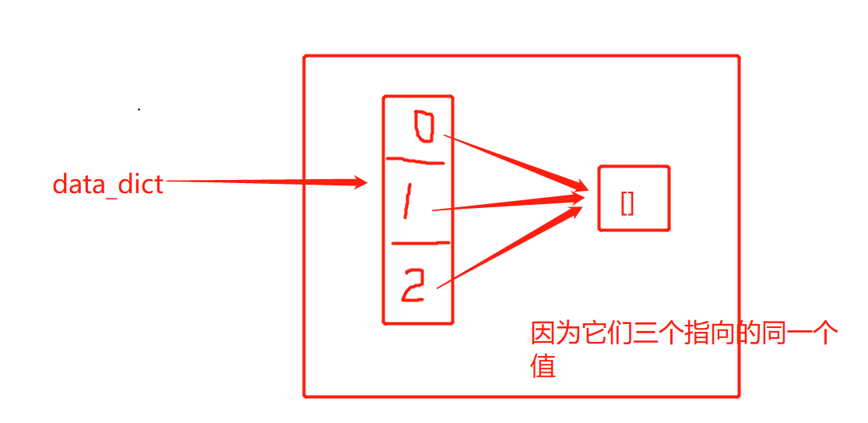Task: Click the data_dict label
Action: coord(108,185)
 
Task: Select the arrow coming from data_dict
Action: coord(265,182)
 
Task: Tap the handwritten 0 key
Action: coord(423,128)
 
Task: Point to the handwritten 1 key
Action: coord(407,204)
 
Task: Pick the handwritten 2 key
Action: coord(413,286)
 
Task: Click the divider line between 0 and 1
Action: coord(416,162)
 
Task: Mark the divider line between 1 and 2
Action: coord(420,243)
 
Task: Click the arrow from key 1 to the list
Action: coord(506,204)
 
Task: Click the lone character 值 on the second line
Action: coord(543,366)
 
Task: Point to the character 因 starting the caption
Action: coord(543,335)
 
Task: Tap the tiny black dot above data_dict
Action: coord(139,110)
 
